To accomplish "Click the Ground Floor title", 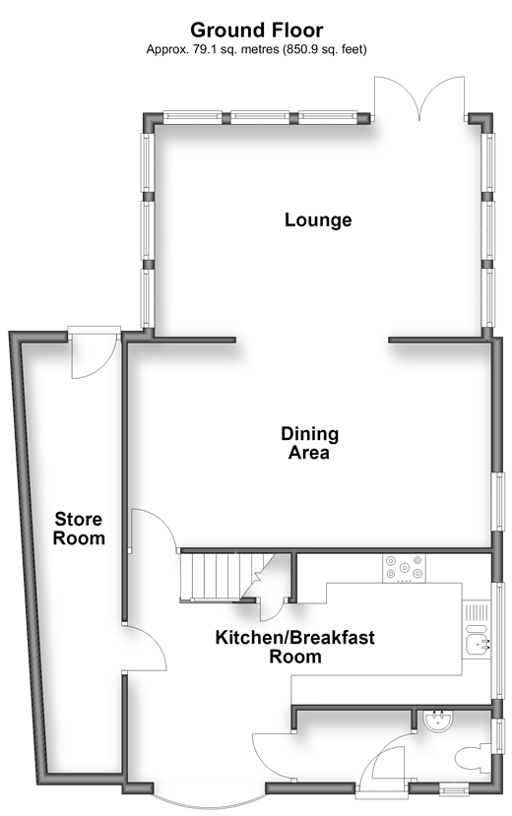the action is click(257, 31).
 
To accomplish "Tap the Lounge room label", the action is click(318, 220).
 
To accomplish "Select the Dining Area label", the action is click(309, 443).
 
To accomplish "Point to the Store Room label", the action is click(79, 529).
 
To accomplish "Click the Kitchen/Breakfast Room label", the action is click(295, 647).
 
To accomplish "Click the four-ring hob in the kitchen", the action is click(404, 568).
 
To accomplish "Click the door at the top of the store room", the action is click(94, 351).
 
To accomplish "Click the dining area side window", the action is click(499, 501).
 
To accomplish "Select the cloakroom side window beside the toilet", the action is click(499, 735).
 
